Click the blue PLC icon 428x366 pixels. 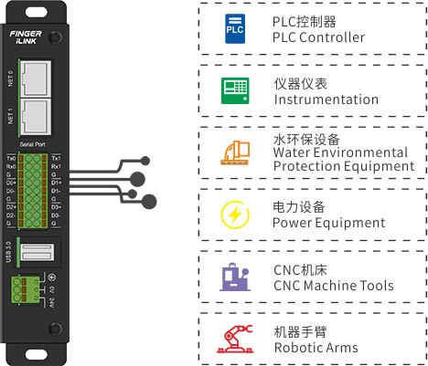coord(233,29)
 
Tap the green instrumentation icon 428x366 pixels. coord(233,90)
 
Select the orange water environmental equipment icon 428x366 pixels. coord(233,152)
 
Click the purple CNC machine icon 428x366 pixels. coord(233,277)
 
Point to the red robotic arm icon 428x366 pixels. coord(233,338)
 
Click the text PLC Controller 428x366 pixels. coord(317,37)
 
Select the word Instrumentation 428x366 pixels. coord(326,99)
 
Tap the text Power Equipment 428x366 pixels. coord(329,223)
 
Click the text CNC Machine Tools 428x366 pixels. coord(333,286)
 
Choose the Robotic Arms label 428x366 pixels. coord(316,347)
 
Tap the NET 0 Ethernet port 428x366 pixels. coord(35,77)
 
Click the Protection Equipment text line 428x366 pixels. coord(343,166)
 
